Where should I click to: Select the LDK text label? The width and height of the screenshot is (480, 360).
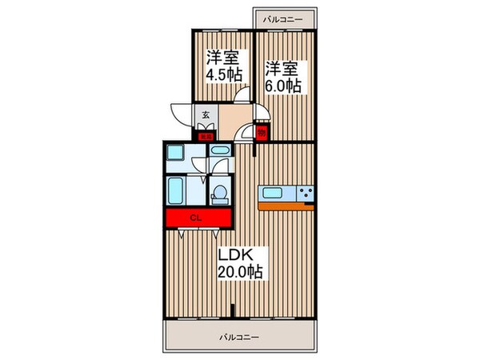pos(237,254)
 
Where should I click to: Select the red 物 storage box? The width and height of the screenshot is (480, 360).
pos(262,134)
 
